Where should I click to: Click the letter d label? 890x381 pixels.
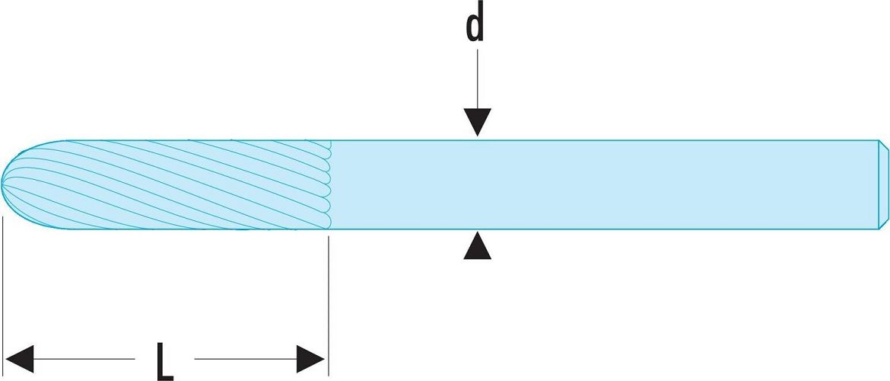point(475,23)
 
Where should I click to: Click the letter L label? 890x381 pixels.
point(164,360)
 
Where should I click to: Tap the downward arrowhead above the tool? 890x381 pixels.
point(478,122)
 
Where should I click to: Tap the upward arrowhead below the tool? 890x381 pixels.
point(478,245)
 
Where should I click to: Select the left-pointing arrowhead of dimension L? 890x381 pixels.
point(19,359)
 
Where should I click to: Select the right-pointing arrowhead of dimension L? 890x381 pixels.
point(310,359)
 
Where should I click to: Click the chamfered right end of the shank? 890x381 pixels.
point(883,184)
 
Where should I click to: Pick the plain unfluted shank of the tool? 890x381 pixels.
point(605,184)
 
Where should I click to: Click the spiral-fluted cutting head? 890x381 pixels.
point(166,184)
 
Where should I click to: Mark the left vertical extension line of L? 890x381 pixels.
point(3,296)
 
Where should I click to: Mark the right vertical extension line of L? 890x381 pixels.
point(328,306)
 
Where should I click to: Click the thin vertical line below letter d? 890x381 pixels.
point(478,78)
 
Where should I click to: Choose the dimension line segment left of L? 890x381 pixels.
point(84,359)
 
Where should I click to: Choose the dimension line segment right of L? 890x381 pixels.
point(246,359)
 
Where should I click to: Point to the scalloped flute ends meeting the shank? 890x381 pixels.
point(328,184)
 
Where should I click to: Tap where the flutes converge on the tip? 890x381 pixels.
point(2,183)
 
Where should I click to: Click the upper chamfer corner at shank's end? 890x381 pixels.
point(879,140)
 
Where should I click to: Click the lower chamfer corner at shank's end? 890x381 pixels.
point(879,229)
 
